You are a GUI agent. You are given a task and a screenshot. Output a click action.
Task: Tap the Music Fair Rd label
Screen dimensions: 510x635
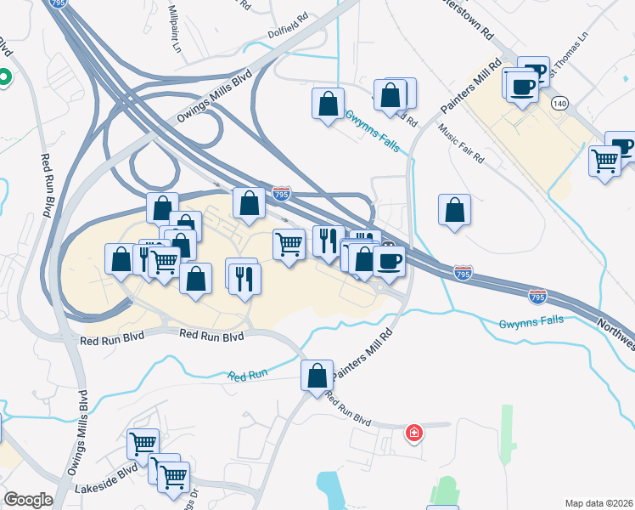click(x=460, y=144)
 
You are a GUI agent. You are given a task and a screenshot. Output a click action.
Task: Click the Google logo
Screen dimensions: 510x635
click(x=28, y=500)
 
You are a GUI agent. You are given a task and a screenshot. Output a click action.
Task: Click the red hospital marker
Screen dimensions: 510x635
click(x=414, y=433)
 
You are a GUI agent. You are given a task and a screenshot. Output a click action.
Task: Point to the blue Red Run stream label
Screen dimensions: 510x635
click(x=247, y=375)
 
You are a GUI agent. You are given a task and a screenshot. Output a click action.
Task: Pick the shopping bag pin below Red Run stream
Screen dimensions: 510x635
click(x=317, y=375)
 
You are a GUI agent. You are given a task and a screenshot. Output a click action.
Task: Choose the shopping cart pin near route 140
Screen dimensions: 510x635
click(x=604, y=160)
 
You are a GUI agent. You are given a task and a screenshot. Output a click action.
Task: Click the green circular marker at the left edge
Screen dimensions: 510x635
click(x=3, y=79)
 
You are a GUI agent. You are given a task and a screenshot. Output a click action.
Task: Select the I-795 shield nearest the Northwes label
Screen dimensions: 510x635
click(x=537, y=297)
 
